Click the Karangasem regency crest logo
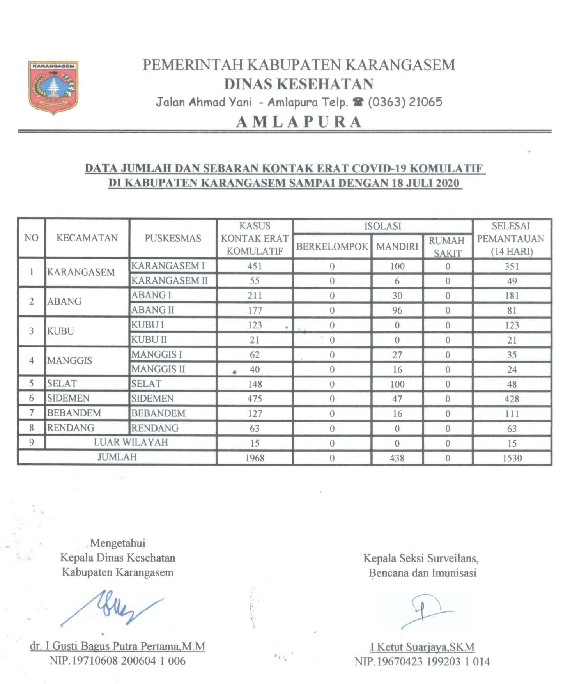click(53, 87)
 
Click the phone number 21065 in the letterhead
click(425, 102)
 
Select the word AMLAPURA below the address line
click(299, 122)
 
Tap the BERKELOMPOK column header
click(332, 246)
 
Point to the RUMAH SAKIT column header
click(447, 246)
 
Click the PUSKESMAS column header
click(173, 238)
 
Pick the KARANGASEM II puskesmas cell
click(169, 280)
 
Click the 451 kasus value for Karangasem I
click(255, 266)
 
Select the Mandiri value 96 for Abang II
click(397, 310)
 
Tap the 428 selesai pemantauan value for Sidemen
click(512, 399)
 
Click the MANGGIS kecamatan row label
click(70, 361)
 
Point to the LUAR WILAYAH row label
click(131, 442)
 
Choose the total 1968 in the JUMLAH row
click(255, 458)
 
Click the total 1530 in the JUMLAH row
click(512, 458)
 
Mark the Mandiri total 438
click(397, 458)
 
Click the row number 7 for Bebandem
click(32, 413)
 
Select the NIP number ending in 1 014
click(422, 662)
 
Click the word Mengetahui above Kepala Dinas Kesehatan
click(118, 543)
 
